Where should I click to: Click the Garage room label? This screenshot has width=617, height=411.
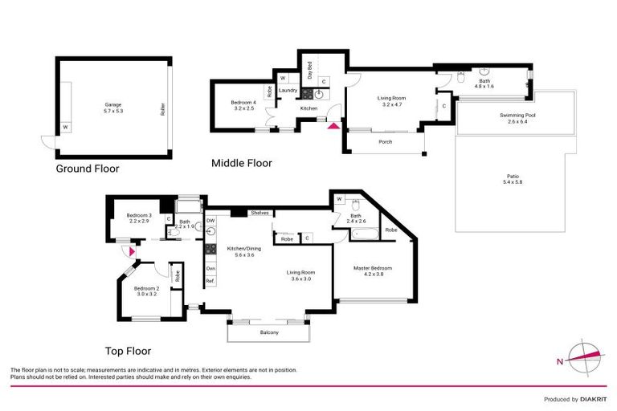click(112, 107)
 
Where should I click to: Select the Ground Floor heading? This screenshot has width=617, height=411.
click(87, 169)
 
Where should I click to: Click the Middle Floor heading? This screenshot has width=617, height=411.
click(241, 163)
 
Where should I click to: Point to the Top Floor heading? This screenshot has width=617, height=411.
click(129, 351)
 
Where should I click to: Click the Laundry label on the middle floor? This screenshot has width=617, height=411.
click(288, 91)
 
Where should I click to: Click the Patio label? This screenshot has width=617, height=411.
click(513, 178)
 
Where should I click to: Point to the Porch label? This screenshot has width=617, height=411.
click(384, 142)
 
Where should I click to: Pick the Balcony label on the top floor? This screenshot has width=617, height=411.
click(268, 332)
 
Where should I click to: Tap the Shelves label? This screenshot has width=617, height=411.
click(259, 213)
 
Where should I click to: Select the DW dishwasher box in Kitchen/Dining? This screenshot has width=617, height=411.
click(210, 220)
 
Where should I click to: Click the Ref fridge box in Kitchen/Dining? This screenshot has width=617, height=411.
click(210, 281)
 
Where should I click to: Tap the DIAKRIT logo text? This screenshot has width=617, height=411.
click(591, 399)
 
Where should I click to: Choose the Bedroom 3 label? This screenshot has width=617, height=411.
click(139, 218)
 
